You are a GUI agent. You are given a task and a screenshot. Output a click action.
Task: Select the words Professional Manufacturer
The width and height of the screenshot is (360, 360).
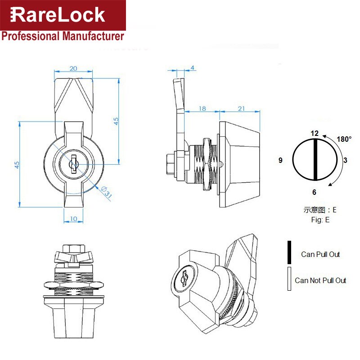(63, 36)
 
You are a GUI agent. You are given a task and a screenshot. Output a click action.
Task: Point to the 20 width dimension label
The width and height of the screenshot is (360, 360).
(73, 68)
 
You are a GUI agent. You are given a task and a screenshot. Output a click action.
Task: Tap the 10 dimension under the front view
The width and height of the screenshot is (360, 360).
(73, 218)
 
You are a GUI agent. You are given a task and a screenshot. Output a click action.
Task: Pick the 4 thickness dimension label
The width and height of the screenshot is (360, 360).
(193, 68)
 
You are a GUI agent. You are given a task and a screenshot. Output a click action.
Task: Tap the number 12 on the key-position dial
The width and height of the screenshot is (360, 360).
(315, 133)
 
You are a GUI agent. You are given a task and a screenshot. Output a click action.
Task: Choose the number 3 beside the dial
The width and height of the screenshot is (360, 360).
(345, 160)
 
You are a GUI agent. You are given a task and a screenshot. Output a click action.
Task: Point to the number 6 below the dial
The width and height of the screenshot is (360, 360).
(314, 192)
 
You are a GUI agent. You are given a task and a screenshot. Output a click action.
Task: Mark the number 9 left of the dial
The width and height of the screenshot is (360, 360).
(280, 160)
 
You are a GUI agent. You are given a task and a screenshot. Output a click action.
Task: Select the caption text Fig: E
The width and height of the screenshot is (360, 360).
(320, 220)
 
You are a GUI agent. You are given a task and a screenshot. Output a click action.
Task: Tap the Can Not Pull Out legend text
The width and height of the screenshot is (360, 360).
(320, 280)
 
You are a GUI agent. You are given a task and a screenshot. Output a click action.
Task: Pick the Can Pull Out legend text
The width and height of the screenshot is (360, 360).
(320, 254)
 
